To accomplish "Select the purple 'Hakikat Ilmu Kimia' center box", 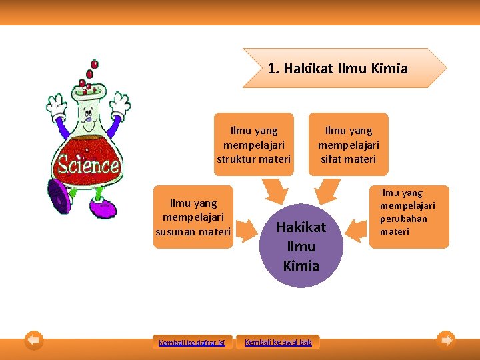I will click(301, 246).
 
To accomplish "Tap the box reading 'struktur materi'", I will click(254, 145).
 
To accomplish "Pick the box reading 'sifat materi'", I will click(348, 145).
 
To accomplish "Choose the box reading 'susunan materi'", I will click(193, 217).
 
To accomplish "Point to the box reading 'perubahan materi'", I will click(409, 217).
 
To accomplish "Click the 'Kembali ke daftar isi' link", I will click(192, 343).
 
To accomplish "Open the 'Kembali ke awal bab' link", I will click(278, 342).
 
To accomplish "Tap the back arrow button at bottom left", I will click(33, 341).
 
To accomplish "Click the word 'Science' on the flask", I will click(88, 164).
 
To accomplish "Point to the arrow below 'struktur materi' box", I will click(273, 193).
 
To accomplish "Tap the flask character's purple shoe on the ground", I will click(103, 209).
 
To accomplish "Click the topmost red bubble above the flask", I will click(95, 64).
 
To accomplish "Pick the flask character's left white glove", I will click(57, 106).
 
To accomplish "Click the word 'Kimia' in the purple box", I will click(301, 265).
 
